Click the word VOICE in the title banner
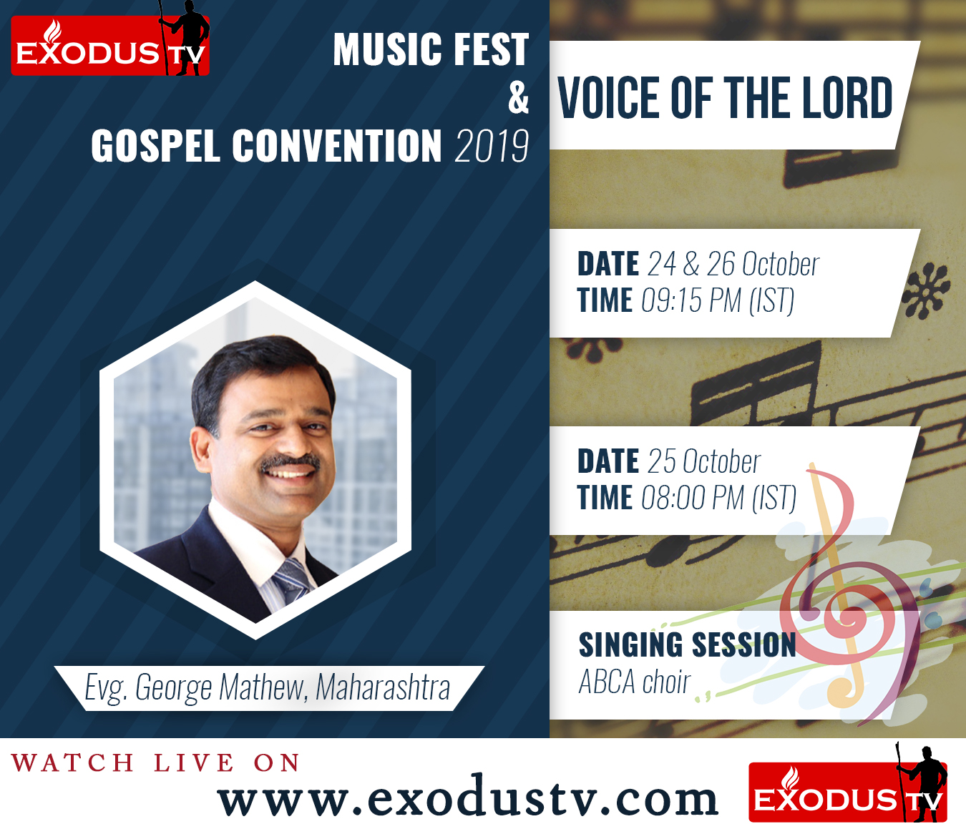tap(610, 98)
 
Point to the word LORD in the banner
tap(847, 98)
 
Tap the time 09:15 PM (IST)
tap(718, 300)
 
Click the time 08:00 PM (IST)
tap(718, 498)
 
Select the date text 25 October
tap(704, 461)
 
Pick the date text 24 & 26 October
tap(733, 264)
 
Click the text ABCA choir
tap(634, 682)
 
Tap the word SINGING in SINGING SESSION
tap(630, 644)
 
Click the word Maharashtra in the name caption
tap(383, 687)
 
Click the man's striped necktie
tap(292, 582)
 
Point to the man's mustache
tap(291, 463)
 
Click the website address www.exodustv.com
tap(467, 794)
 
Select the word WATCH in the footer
tap(72, 763)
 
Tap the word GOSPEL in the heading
tap(155, 146)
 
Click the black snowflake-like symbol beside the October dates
tap(926, 290)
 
